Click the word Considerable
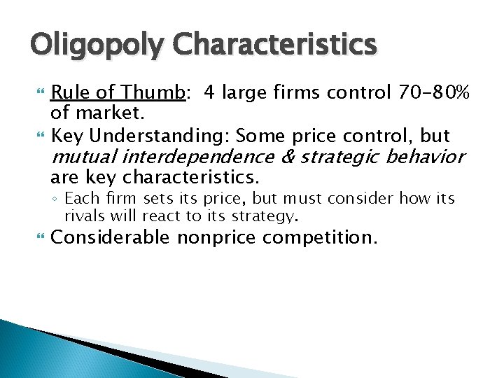tap(111, 239)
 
